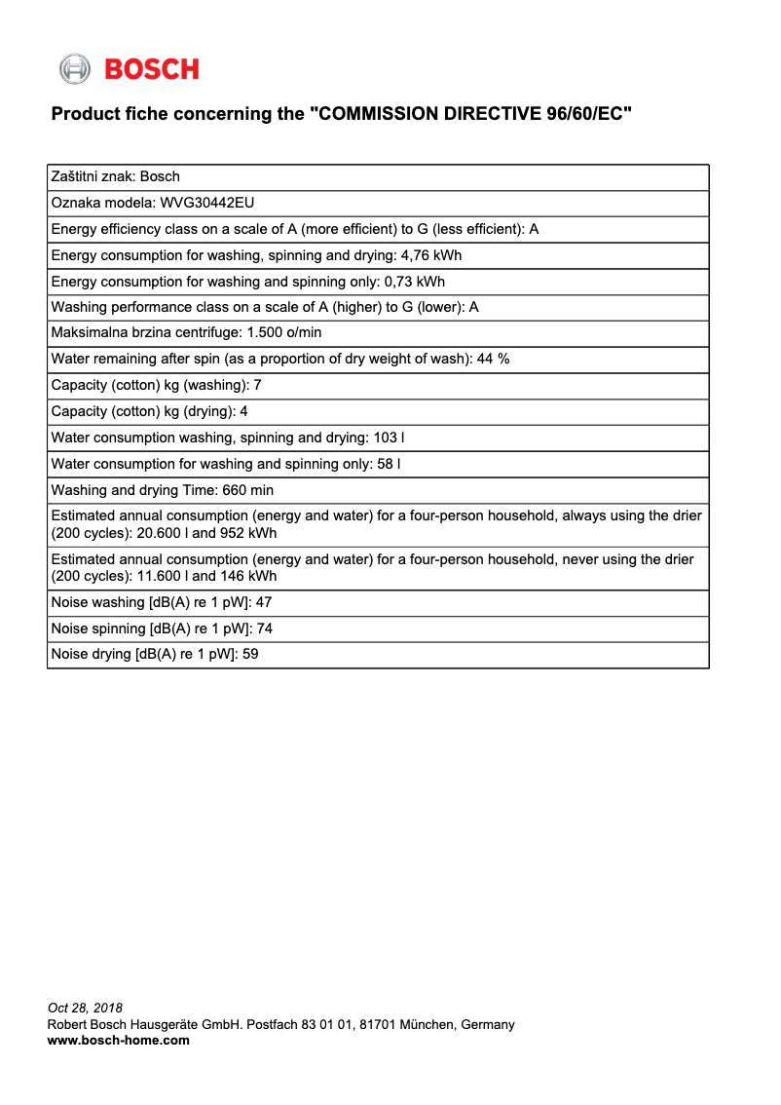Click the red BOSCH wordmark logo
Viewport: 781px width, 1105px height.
pos(151,69)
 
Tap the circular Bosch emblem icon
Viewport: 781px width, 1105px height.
pos(74,69)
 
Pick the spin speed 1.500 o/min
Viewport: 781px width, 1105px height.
pos(284,333)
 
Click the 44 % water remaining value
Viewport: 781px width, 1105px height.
pos(493,359)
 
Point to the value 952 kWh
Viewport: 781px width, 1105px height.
pos(248,533)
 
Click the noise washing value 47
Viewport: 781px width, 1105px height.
pos(263,602)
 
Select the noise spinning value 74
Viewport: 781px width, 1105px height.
pos(264,629)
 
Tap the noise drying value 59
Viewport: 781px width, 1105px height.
pos(250,655)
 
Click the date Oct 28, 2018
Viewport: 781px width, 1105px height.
pos(85,1008)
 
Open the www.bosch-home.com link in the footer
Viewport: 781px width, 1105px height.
pos(118,1041)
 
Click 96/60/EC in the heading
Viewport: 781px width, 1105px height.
pos(580,114)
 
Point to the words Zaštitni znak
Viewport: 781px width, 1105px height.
pos(91,176)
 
